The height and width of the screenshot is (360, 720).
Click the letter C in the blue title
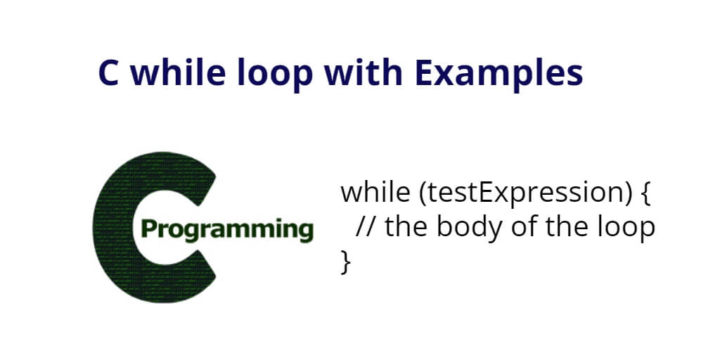click(x=109, y=73)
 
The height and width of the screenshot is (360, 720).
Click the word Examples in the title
click(x=499, y=75)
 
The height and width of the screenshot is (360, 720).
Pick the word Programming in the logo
click(x=227, y=231)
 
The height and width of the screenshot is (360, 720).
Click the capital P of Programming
click(x=148, y=229)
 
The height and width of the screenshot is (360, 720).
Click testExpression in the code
click(x=524, y=194)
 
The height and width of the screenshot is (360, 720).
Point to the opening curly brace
click(x=645, y=194)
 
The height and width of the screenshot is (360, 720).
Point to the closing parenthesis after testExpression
click(x=625, y=194)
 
